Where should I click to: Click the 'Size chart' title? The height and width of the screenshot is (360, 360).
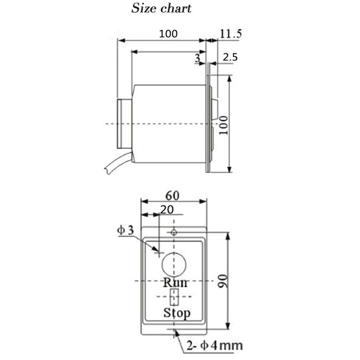tap(161, 8)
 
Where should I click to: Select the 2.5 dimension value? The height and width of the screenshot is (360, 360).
tap(230, 57)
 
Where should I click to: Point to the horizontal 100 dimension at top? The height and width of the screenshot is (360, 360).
tap(168, 34)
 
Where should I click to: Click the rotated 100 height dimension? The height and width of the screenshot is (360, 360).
tap(223, 125)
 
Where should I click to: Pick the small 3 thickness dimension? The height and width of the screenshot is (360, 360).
tap(197, 58)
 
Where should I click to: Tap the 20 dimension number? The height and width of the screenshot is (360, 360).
tap(167, 209)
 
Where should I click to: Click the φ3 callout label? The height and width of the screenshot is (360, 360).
tap(126, 230)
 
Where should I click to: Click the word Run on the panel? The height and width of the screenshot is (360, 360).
tap(175, 283)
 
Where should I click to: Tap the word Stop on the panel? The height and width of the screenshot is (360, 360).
tap(176, 312)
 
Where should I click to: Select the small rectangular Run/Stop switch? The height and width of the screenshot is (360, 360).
tap(174, 297)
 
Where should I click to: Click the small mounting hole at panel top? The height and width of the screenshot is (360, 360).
tap(174, 232)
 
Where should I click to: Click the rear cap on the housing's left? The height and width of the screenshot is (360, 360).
tap(124, 123)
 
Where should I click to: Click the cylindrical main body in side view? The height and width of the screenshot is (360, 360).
tap(169, 123)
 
